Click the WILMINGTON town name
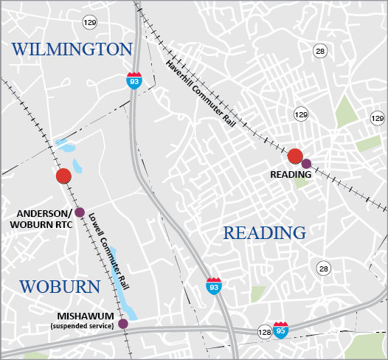71,49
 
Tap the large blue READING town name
264,233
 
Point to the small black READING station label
291,175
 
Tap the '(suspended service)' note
82,325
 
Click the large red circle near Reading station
295,156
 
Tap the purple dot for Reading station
307,163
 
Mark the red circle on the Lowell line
63,176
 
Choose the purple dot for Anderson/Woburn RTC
80,211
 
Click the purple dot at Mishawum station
123,323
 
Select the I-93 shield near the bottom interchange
214,285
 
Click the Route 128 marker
264,333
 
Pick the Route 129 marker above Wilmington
89,23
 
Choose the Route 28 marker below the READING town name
322,268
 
